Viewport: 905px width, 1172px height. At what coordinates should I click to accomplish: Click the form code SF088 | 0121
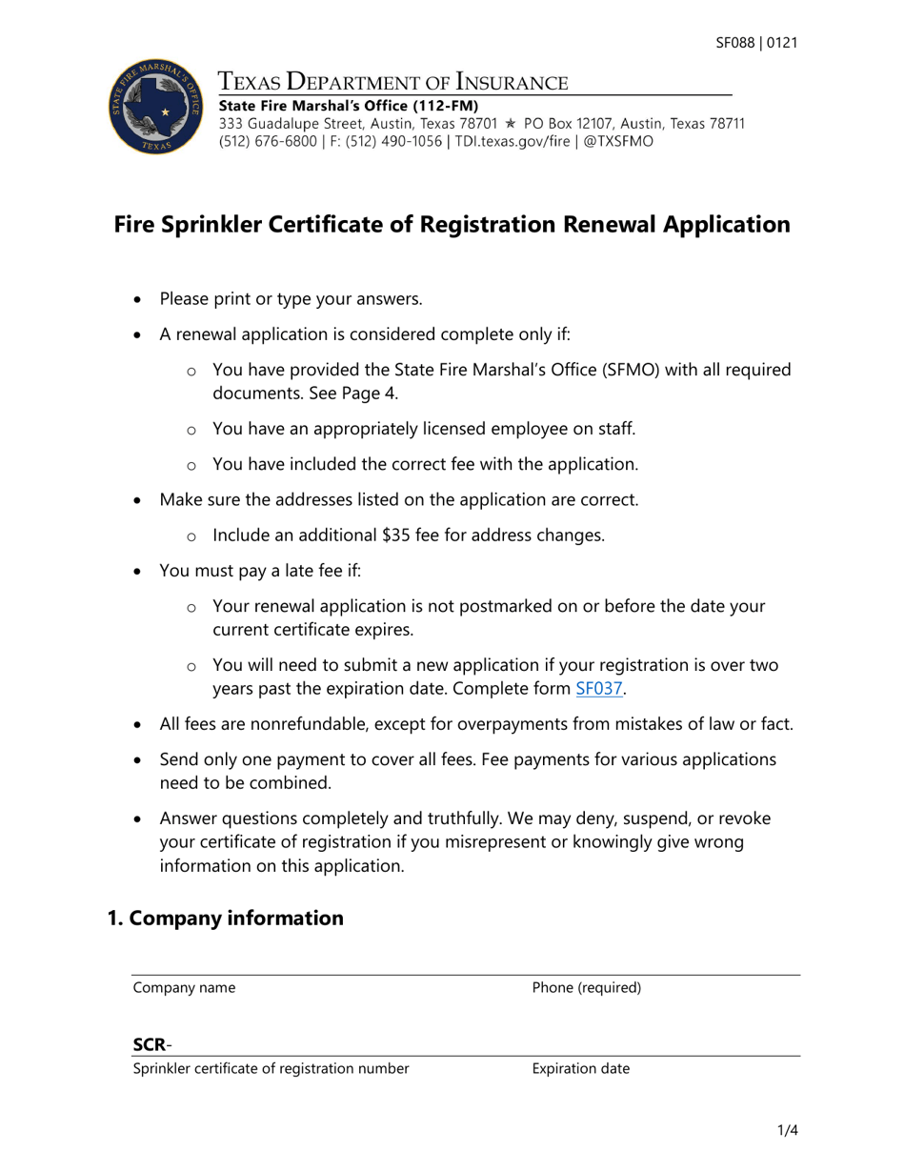(x=756, y=43)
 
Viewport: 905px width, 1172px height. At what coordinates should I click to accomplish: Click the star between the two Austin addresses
(x=511, y=124)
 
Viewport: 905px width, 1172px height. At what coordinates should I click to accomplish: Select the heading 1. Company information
(x=225, y=918)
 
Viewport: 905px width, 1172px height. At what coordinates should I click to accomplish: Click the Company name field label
(x=184, y=988)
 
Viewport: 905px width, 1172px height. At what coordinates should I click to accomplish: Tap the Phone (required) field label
(x=587, y=988)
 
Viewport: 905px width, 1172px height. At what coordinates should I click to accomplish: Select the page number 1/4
(x=786, y=1132)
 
